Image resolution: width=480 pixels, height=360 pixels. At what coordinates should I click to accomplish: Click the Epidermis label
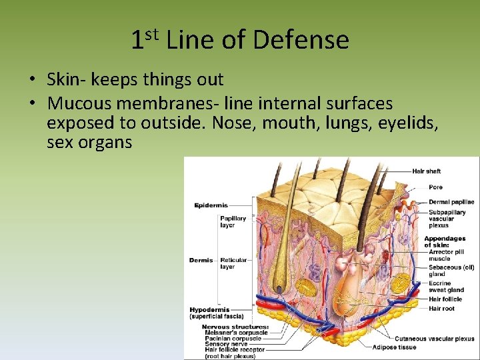pyautogui.click(x=211, y=205)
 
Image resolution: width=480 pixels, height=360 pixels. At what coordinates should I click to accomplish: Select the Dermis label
pyautogui.click(x=201, y=260)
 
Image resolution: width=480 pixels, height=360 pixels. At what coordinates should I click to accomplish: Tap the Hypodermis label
pyautogui.click(x=210, y=310)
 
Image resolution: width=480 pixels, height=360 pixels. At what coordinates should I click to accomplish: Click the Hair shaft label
pyautogui.click(x=427, y=171)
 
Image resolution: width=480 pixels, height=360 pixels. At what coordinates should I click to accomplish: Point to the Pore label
pyautogui.click(x=435, y=187)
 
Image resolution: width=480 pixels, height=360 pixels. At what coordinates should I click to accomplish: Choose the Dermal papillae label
pyautogui.click(x=451, y=202)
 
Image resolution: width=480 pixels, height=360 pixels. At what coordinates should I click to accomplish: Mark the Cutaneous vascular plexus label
pyautogui.click(x=435, y=339)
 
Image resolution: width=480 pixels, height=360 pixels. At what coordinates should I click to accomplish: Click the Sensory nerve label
pyautogui.click(x=226, y=344)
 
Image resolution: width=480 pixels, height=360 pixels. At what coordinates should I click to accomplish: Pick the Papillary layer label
pyautogui.click(x=233, y=221)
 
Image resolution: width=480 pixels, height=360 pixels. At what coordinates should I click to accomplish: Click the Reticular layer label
pyautogui.click(x=233, y=263)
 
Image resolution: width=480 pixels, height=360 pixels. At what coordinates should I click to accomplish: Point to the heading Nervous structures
pyautogui.click(x=235, y=327)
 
